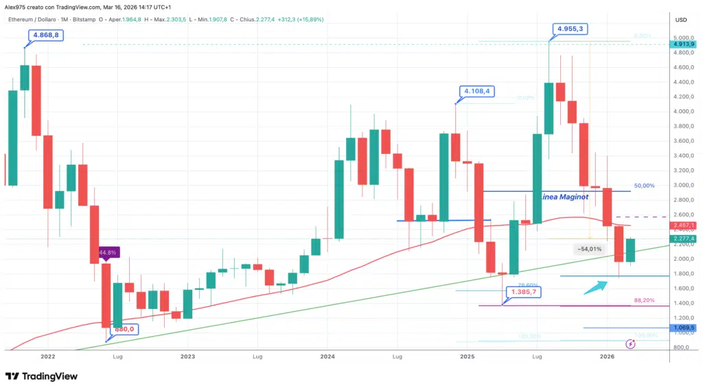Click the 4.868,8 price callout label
[x=45, y=34]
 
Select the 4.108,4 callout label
[x=479, y=91]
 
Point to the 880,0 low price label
[x=124, y=329]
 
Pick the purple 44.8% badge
[x=109, y=252]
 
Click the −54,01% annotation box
[x=590, y=249]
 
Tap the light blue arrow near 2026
[x=595, y=286]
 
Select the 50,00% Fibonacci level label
[x=643, y=185]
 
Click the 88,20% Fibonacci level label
[x=643, y=301]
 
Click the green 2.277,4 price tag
[x=684, y=239]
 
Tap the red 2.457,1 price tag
[x=684, y=225]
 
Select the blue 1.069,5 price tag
[x=684, y=328]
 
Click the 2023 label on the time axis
[x=187, y=357]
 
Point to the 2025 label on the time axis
[x=468, y=357]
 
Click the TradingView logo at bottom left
[x=41, y=376]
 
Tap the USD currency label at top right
[x=681, y=20]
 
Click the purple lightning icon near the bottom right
[x=630, y=343]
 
